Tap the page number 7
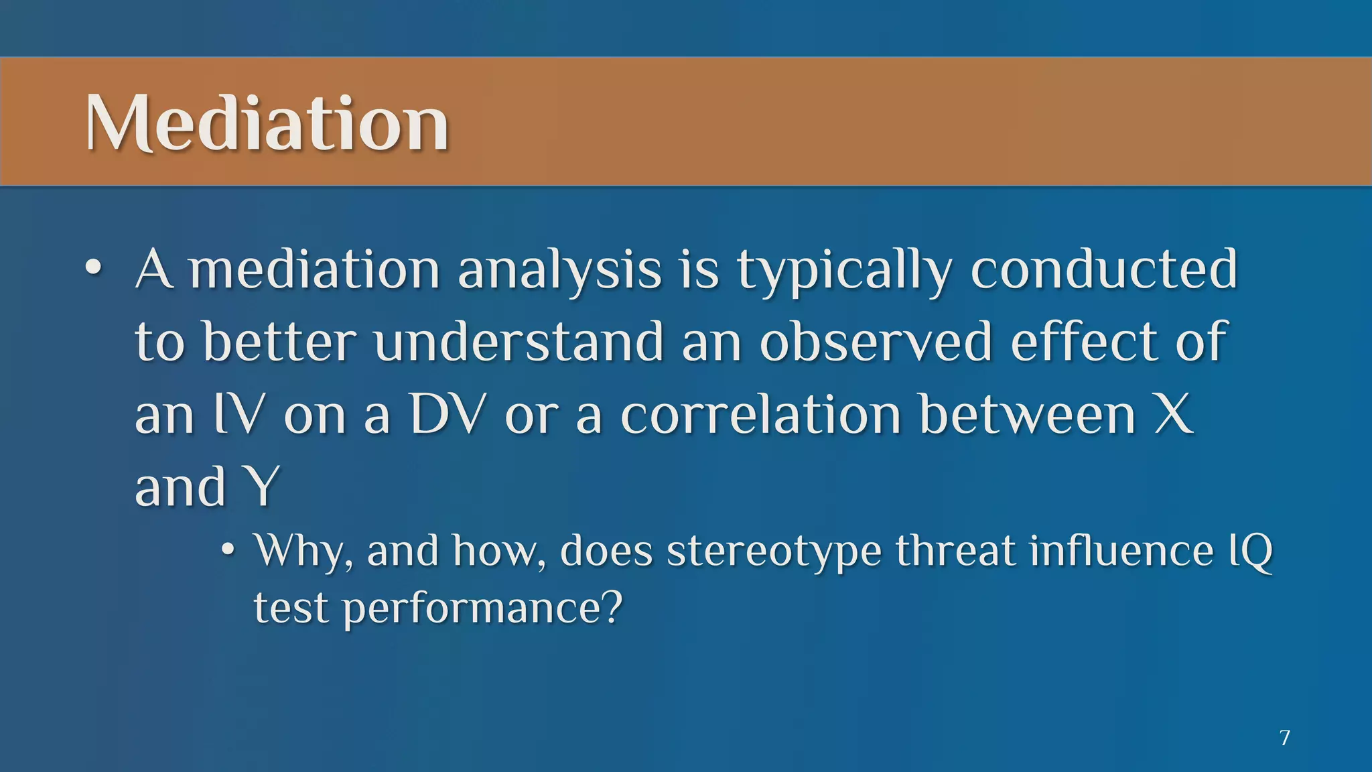click(x=1284, y=738)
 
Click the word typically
click(x=845, y=270)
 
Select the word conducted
click(x=1103, y=269)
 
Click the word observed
click(x=875, y=341)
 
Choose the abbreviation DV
click(x=446, y=413)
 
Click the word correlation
click(x=761, y=413)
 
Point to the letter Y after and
click(x=263, y=487)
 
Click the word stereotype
click(x=774, y=552)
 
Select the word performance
click(x=472, y=609)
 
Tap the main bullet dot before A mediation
click(x=94, y=269)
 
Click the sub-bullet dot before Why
click(x=228, y=550)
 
